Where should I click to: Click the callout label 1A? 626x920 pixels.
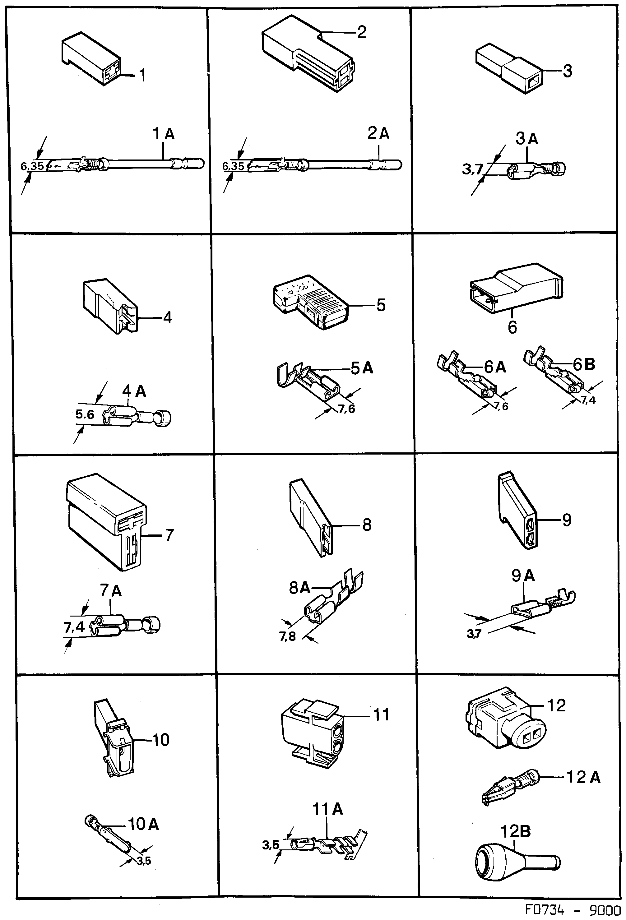click(164, 135)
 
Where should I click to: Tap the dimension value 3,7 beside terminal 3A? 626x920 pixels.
click(473, 169)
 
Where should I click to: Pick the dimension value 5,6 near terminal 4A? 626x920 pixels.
click(85, 414)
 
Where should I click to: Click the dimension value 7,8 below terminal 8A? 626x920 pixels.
click(287, 636)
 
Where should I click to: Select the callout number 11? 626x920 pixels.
click(381, 715)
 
